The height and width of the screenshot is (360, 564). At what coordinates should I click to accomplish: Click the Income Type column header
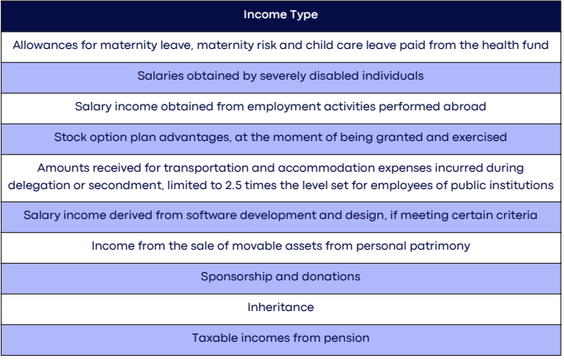tap(280, 15)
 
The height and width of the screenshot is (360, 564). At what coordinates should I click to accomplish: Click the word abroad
tap(465, 106)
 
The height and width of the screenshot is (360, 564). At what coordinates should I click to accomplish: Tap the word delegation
tap(41, 185)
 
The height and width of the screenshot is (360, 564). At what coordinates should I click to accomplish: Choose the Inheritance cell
tap(280, 308)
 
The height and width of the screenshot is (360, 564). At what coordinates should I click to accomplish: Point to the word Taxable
tap(216, 338)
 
